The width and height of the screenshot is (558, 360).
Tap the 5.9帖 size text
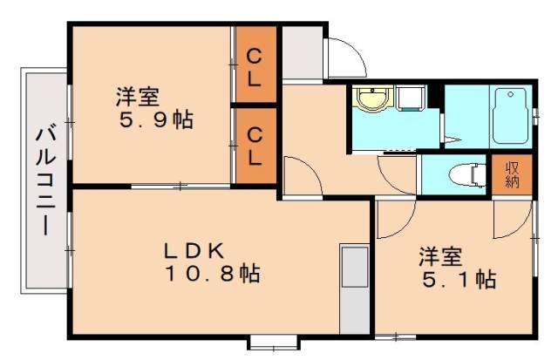click(156, 120)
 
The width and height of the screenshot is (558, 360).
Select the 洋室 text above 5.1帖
click(439, 257)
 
